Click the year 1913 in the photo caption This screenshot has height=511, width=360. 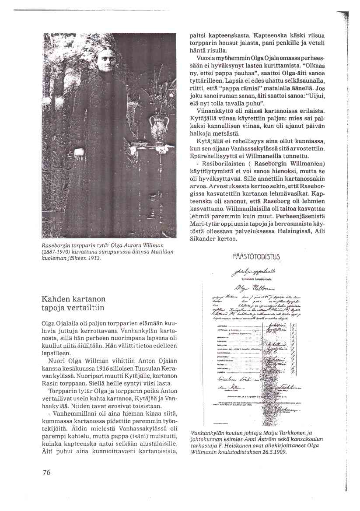click(95, 258)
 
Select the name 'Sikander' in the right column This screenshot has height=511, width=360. click(202, 239)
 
